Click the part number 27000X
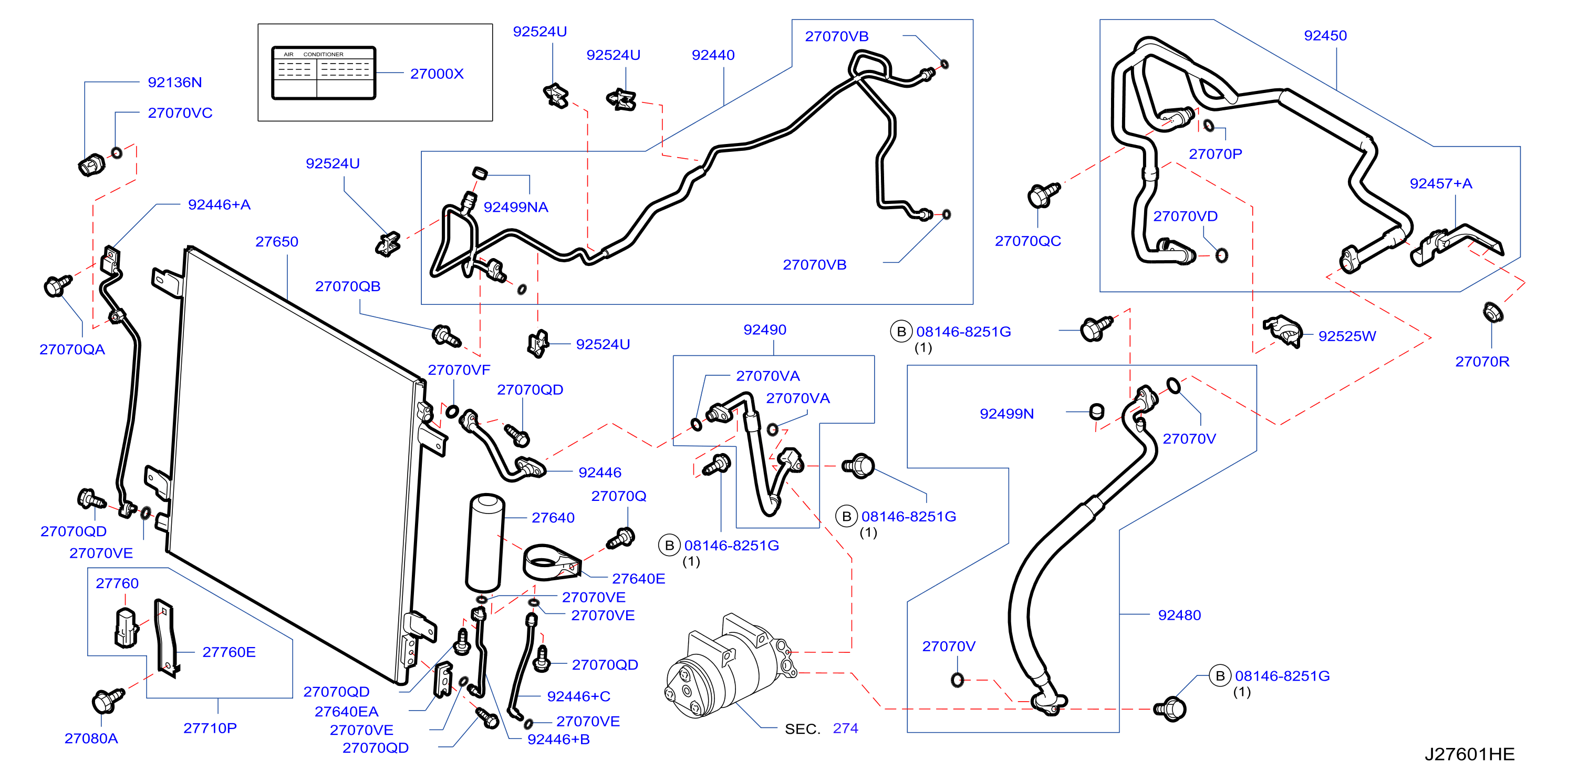point(437,74)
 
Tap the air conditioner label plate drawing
point(324,73)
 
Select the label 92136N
point(174,82)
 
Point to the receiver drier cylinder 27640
point(486,542)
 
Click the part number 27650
point(277,241)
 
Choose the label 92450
point(1325,36)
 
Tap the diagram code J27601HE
point(1469,754)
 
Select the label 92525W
point(1347,336)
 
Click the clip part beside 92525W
point(1282,332)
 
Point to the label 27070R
point(1482,362)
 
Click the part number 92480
point(1179,614)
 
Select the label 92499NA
point(516,207)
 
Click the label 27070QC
point(1028,241)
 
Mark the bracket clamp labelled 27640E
point(552,561)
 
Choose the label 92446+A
point(219,204)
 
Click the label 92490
point(764,330)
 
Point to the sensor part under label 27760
point(126,628)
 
